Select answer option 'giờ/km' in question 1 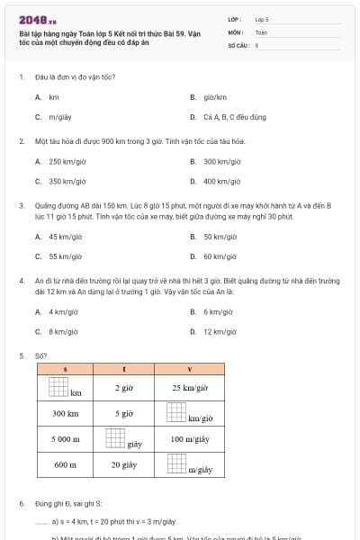tap(214, 97)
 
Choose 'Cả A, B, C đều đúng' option tap(234, 117)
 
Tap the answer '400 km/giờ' tap(221, 182)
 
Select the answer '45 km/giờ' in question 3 tap(66, 237)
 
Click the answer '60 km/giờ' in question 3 tap(220, 256)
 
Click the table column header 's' tap(65, 370)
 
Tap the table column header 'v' tap(189, 370)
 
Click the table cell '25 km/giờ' tap(189, 388)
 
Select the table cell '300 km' tap(65, 414)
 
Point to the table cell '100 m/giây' tap(189, 439)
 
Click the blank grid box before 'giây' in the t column tap(115, 438)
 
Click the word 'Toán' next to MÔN tap(261, 31)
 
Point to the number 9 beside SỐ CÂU tap(256, 44)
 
